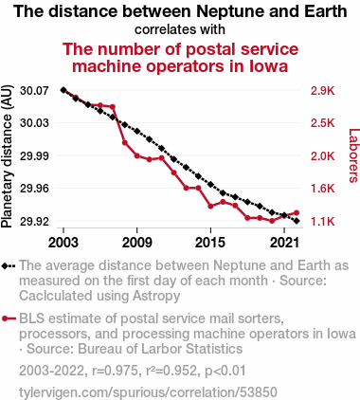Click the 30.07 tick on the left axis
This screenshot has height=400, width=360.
pyautogui.click(x=34, y=91)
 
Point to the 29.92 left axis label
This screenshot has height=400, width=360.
pyautogui.click(x=34, y=222)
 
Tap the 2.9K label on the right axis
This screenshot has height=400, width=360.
pyautogui.click(x=322, y=91)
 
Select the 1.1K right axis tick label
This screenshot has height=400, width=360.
pyautogui.click(x=322, y=222)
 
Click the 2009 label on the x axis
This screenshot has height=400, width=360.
pyautogui.click(x=136, y=243)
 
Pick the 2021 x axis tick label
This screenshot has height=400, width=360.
pyautogui.click(x=284, y=243)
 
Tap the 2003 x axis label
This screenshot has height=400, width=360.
pyautogui.click(x=63, y=243)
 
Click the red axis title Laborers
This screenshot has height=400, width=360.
pyautogui.click(x=353, y=155)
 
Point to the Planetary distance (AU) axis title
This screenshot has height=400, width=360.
pyautogui.click(x=7, y=156)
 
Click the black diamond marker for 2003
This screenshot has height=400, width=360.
pyautogui.click(x=63, y=90)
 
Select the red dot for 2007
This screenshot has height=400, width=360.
pyautogui.click(x=113, y=107)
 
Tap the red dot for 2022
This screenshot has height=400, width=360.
pyautogui.click(x=297, y=212)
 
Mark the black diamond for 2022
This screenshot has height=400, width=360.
pyautogui.click(x=297, y=221)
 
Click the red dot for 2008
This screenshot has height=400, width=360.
pyautogui.click(x=125, y=143)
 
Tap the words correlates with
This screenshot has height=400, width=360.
pyautogui.click(x=180, y=29)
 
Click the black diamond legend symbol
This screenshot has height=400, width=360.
pyautogui.click(x=9, y=265)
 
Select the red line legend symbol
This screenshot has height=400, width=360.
pyautogui.click(x=9, y=318)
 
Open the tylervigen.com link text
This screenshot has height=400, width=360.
pyautogui.click(x=148, y=392)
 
